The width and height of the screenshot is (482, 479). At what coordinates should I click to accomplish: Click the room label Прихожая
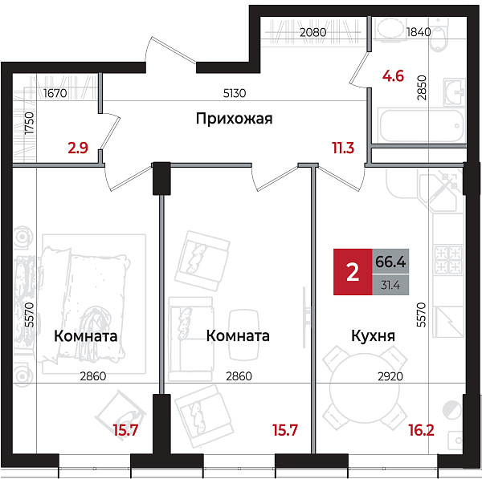click(x=234, y=120)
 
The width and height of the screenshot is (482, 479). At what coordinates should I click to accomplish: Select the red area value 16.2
click(x=443, y=430)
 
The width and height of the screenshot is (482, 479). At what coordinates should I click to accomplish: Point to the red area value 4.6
click(x=392, y=78)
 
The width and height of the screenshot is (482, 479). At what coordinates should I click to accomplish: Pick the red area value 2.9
click(x=78, y=148)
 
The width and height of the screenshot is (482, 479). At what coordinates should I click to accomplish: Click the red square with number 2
click(x=352, y=273)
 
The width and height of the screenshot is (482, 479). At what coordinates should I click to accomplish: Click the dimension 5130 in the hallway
click(x=234, y=93)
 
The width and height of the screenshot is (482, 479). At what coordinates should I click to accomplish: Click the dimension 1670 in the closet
click(x=55, y=94)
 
